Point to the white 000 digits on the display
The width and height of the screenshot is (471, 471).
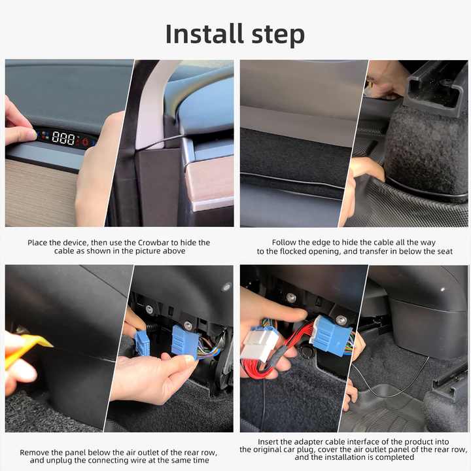[63, 138]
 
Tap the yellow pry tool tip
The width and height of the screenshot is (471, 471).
[41, 341]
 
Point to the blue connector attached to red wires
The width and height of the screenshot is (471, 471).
[330, 335]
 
